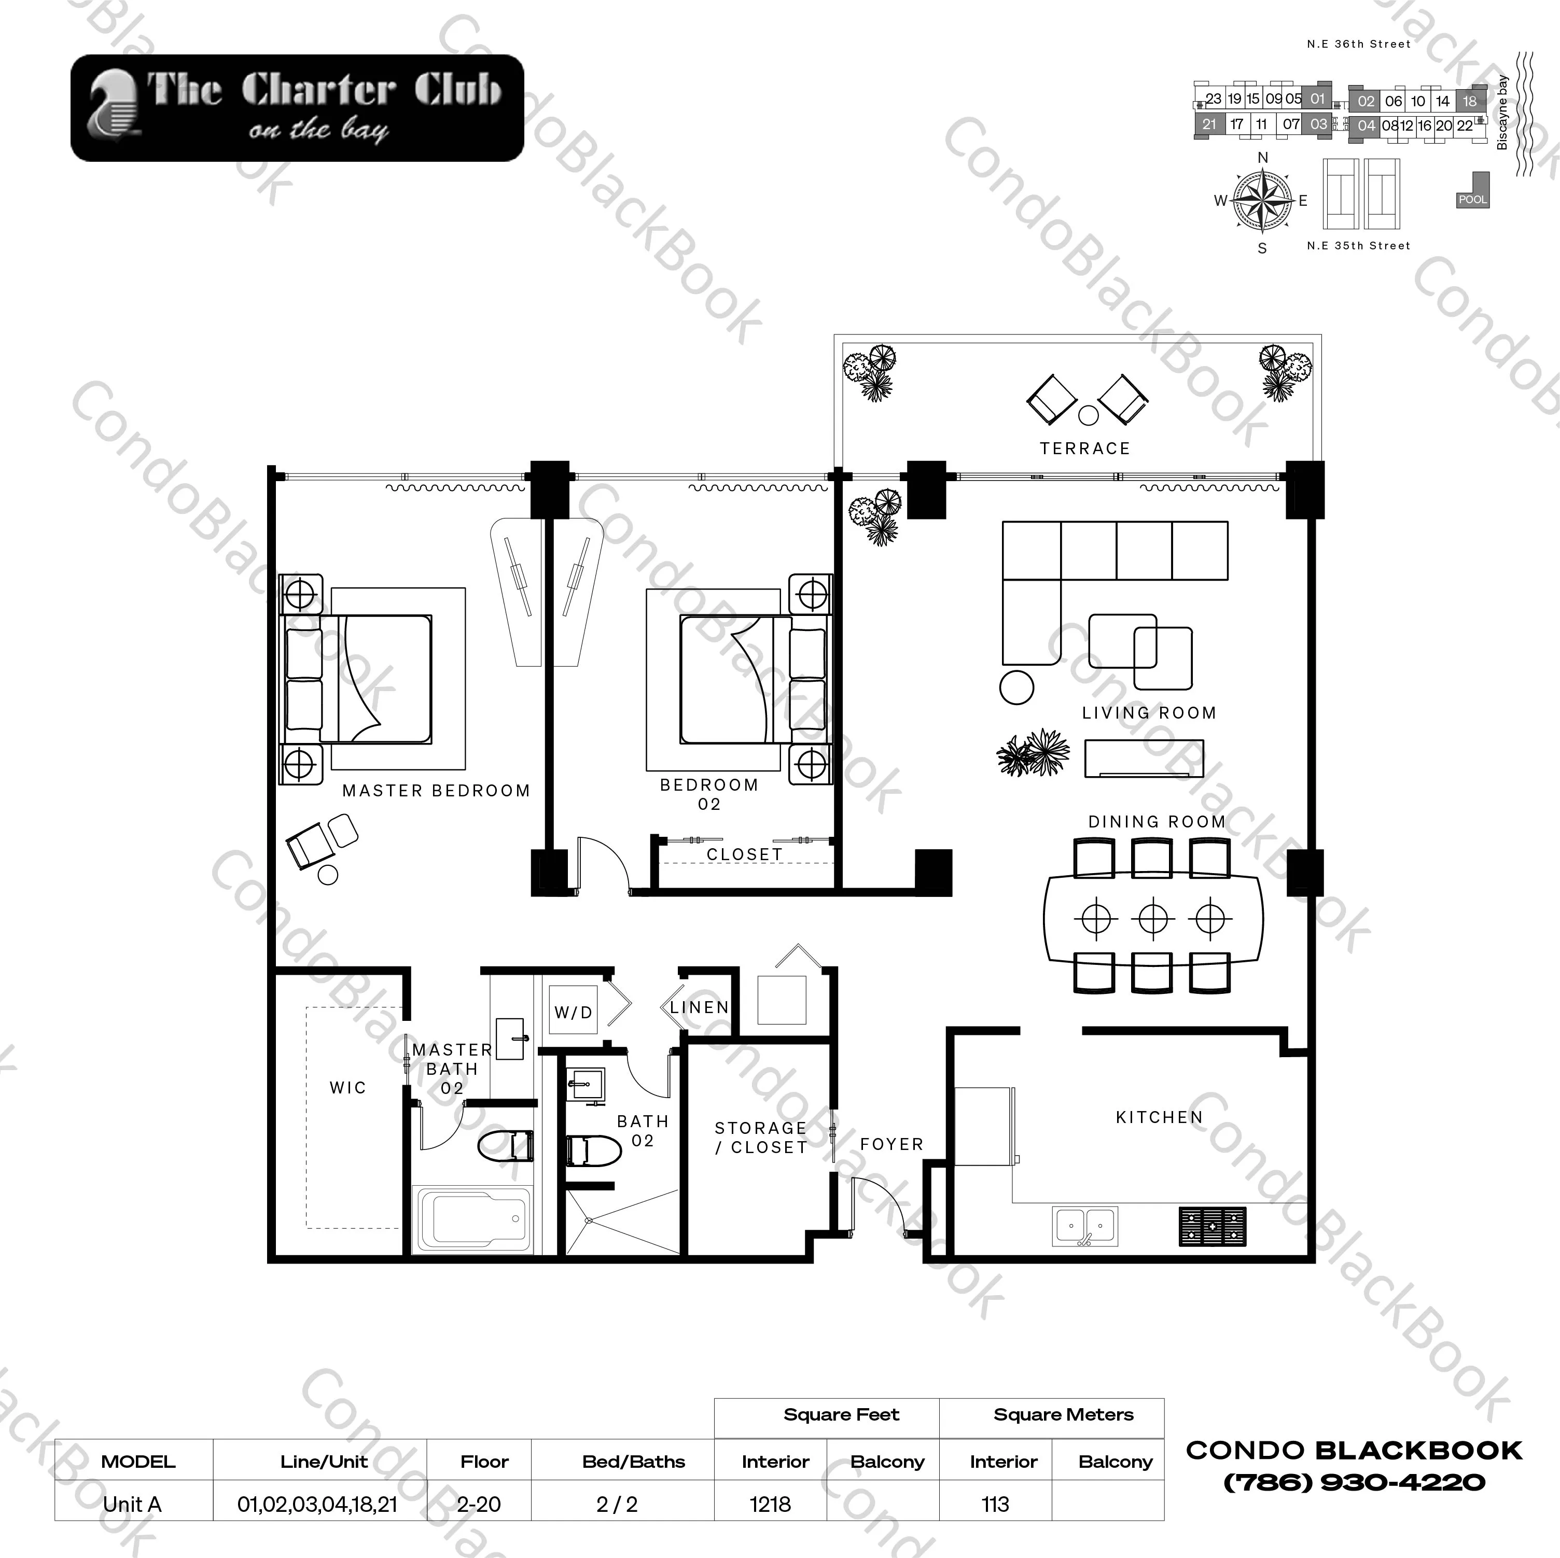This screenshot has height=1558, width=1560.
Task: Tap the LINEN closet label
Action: coord(699,1007)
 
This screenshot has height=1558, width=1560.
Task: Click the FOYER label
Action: coord(892,1144)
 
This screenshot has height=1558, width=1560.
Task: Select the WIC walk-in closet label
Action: coord(348,1087)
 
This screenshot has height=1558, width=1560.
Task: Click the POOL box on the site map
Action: coord(1472,199)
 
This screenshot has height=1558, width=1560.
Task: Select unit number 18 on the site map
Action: coord(1470,101)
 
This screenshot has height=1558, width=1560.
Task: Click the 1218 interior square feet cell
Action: coord(770,1504)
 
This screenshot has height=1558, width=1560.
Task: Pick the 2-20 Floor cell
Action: coord(479,1504)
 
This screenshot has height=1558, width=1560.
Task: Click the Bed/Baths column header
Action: coord(633,1461)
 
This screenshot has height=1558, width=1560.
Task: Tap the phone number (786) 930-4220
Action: coord(1354,1482)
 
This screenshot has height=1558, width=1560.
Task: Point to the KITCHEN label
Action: coord(1159,1117)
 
